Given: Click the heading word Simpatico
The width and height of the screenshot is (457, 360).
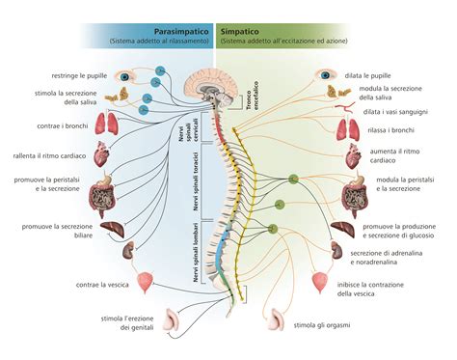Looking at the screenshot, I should coord(245,32).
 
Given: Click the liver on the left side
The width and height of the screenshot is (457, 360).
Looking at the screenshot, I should coord(115,231).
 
